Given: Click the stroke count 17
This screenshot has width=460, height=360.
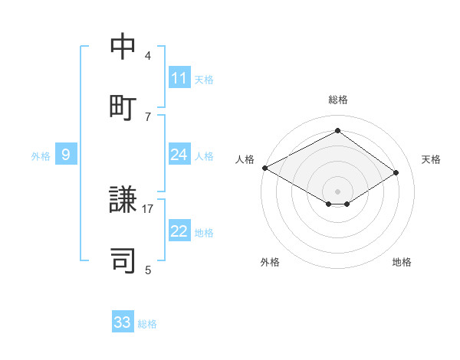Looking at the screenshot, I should coord(148,208).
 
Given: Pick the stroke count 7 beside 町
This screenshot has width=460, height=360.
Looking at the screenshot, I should coord(148,116).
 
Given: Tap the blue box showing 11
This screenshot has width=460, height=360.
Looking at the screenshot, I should coord(179,78).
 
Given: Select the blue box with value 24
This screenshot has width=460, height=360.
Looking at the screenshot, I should coord(179,155).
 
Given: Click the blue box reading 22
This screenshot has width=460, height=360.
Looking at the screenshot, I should coord(179,231).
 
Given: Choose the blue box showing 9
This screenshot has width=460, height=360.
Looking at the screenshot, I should coord(66,155).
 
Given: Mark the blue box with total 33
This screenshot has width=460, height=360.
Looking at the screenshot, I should coord(123,322).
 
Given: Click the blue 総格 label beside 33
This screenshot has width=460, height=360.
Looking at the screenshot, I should coord(147,324).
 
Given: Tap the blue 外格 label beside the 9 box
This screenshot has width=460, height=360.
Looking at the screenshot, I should coord(41,156).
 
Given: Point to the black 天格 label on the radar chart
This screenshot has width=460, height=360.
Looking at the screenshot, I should coord(432,159).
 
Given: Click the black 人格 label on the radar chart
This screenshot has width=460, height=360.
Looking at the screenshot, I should coord(245,159).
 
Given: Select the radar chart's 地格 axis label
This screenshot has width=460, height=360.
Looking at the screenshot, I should coord(402,262).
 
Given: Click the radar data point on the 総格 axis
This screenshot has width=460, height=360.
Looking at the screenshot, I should coord(337,131).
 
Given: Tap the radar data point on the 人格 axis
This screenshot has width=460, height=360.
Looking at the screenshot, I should coord(264,168).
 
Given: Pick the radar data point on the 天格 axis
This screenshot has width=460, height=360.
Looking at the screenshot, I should coord(396,172).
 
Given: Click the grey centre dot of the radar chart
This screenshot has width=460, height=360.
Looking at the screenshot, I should coord(337,191).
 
